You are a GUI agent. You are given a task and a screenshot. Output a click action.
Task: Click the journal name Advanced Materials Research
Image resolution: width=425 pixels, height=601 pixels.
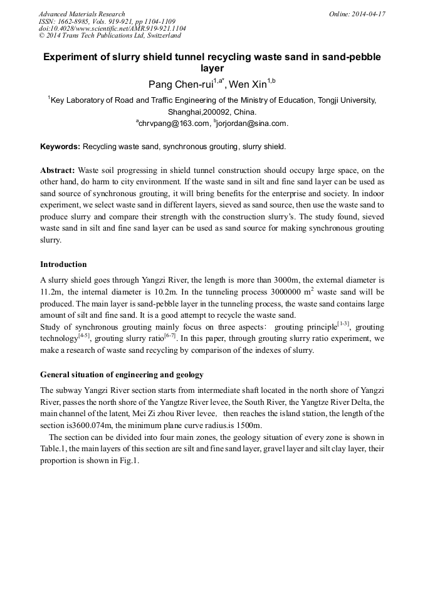coord(81,14)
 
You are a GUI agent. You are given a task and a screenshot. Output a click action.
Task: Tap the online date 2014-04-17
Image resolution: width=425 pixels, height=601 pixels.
coord(367,14)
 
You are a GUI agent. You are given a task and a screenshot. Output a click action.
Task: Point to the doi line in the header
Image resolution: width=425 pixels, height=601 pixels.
coord(112,29)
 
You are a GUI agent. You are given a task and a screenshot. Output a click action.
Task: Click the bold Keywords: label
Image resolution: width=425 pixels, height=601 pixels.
coord(60,147)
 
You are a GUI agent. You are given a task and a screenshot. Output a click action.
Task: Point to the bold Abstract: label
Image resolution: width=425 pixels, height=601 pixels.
coord(58,170)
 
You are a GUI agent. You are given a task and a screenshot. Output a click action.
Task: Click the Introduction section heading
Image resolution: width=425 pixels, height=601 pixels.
coord(63,264)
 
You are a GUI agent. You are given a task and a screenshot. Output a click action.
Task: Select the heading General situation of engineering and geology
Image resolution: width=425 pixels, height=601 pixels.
coord(122,375)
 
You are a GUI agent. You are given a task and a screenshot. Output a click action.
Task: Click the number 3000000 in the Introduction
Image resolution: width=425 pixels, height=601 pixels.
coord(294,292)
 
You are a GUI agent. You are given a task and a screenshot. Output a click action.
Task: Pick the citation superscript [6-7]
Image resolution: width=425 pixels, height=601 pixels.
coord(169,336)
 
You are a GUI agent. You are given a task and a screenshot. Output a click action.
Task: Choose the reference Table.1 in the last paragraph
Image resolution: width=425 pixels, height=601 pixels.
coord(53,449)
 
